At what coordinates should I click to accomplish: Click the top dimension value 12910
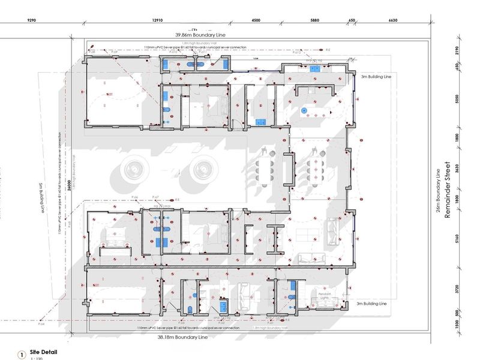[x=158, y=20]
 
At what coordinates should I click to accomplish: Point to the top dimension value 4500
[x=256, y=20]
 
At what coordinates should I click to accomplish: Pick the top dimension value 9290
[x=32, y=20]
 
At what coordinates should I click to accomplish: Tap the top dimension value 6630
[x=393, y=20]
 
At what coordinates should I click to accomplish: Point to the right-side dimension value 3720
[x=457, y=290]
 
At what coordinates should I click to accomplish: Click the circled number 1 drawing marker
[x=22, y=355]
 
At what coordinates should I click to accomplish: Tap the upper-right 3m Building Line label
[x=376, y=77]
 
